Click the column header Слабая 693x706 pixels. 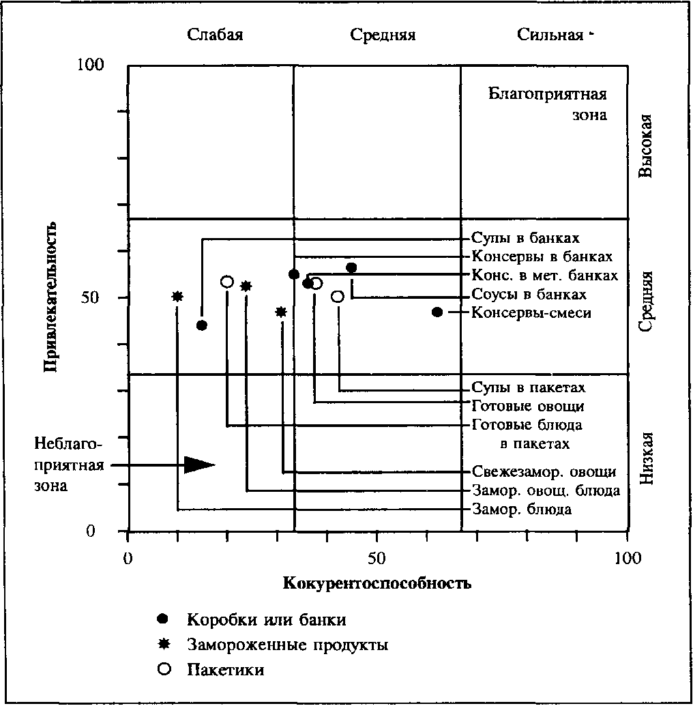[216, 35]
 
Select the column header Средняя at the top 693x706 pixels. [383, 35]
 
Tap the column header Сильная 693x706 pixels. [550, 35]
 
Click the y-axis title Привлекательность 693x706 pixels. [49, 297]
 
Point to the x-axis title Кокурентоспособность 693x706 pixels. [377, 584]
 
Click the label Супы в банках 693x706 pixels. [525, 239]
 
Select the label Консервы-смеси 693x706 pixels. [531, 312]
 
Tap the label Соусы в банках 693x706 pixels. [529, 295]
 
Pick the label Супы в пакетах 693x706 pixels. [529, 388]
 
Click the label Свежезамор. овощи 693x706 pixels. [544, 472]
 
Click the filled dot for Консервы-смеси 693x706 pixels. [437, 312]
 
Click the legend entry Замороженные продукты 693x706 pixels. [287, 645]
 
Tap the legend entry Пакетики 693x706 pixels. [225, 669]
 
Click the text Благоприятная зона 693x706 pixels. [548, 104]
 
